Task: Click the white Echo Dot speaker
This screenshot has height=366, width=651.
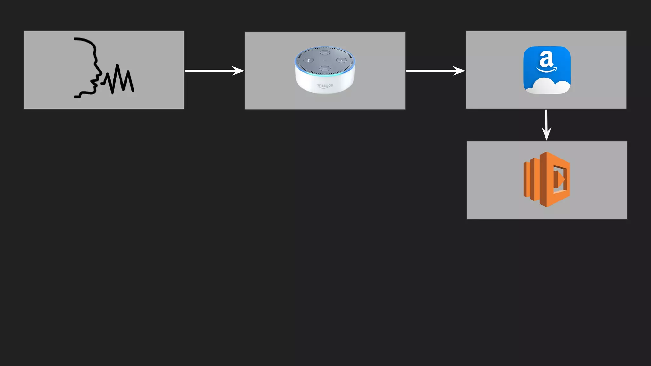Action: [325, 70]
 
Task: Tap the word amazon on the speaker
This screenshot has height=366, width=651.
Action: [325, 85]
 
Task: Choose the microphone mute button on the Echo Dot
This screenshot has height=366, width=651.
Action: [308, 60]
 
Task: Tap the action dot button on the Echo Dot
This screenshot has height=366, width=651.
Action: [341, 60]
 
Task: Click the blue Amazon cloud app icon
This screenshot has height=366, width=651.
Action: [547, 70]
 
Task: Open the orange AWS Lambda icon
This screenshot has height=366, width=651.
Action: [547, 180]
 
